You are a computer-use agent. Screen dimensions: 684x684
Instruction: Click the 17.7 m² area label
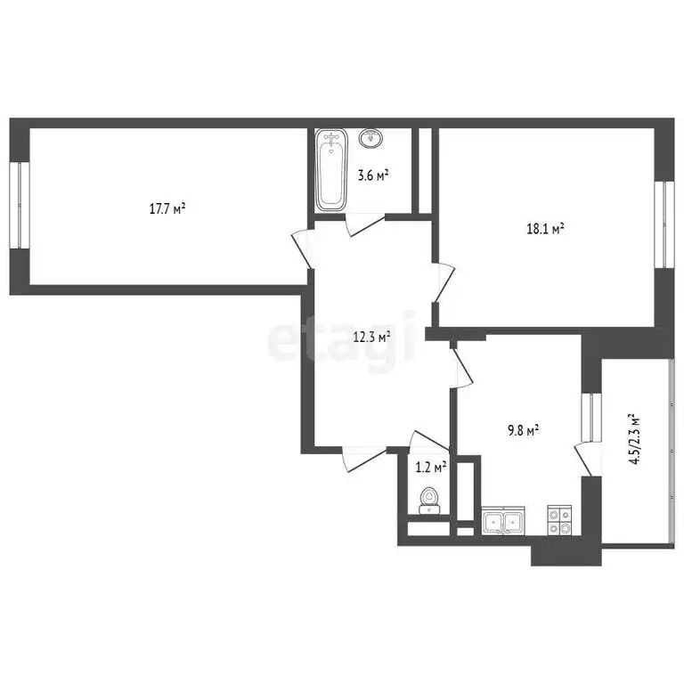tap(167, 209)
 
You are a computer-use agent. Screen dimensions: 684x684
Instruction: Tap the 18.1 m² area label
tap(546, 229)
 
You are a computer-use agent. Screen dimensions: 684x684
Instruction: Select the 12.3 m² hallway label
tap(372, 338)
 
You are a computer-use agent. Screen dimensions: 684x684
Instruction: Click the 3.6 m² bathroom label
tap(372, 175)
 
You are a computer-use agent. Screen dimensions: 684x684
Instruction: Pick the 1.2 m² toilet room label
tap(432, 464)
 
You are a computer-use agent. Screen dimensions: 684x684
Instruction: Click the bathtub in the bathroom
tap(331, 170)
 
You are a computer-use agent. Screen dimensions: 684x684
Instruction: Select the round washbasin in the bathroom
tap(370, 139)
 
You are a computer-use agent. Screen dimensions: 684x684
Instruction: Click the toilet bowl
tap(428, 500)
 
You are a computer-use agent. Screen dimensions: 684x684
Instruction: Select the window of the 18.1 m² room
tap(662, 224)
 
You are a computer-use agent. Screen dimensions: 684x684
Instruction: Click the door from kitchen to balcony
tap(584, 460)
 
